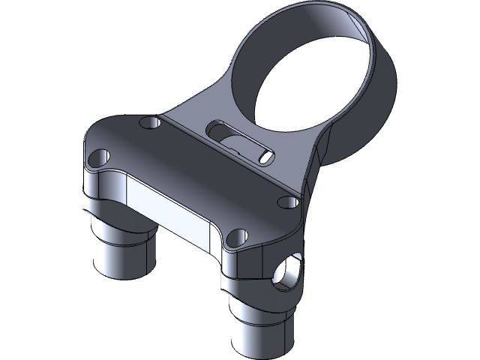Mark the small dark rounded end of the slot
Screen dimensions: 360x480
pos(265,155)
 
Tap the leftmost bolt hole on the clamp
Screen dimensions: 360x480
pos(98,157)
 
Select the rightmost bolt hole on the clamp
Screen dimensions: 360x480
pos(286,201)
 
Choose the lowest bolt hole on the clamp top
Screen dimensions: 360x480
pos(235,237)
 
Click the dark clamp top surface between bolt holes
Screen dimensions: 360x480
pos(187,172)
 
